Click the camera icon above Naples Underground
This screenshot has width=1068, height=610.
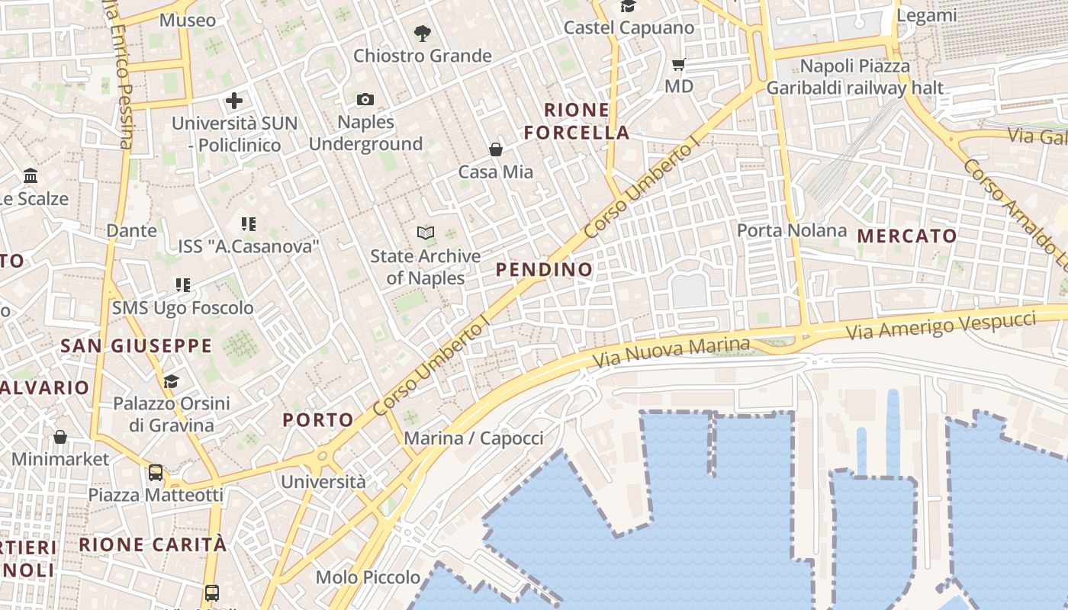(x=365, y=99)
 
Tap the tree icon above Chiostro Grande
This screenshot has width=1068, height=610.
(x=422, y=33)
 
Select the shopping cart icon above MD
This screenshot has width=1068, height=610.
(x=678, y=64)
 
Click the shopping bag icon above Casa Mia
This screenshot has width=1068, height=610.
(x=496, y=149)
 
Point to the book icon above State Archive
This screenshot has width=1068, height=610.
(x=426, y=233)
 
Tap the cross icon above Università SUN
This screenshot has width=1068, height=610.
(x=234, y=100)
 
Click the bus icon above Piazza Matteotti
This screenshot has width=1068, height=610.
(x=156, y=473)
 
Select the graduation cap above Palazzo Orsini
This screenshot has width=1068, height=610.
(x=172, y=381)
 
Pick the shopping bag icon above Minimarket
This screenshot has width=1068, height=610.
(x=60, y=437)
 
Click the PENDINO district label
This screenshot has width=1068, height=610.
(x=544, y=269)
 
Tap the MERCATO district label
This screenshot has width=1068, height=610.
(x=907, y=236)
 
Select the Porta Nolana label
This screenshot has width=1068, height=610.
(x=792, y=230)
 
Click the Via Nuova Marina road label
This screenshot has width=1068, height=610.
(x=671, y=352)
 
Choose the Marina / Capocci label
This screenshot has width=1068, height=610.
(x=474, y=438)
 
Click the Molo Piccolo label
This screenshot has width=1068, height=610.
(x=368, y=577)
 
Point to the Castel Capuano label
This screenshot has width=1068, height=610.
(x=629, y=28)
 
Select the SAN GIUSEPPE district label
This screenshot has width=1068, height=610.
(x=136, y=346)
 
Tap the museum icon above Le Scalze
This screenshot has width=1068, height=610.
(x=31, y=176)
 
